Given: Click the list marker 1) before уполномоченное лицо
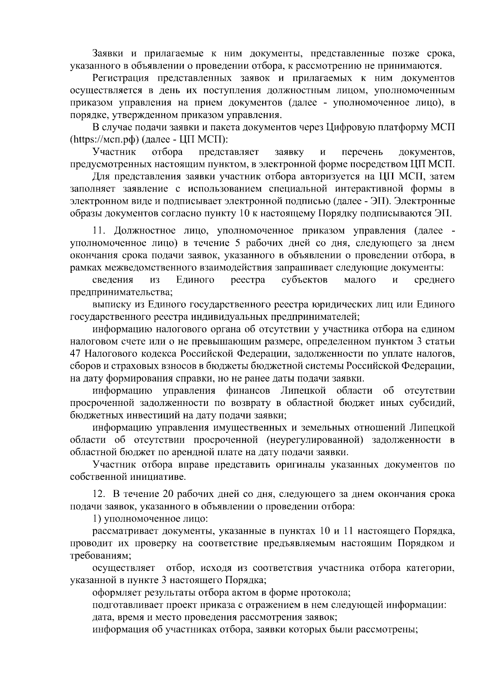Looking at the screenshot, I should [x=97, y=519].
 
